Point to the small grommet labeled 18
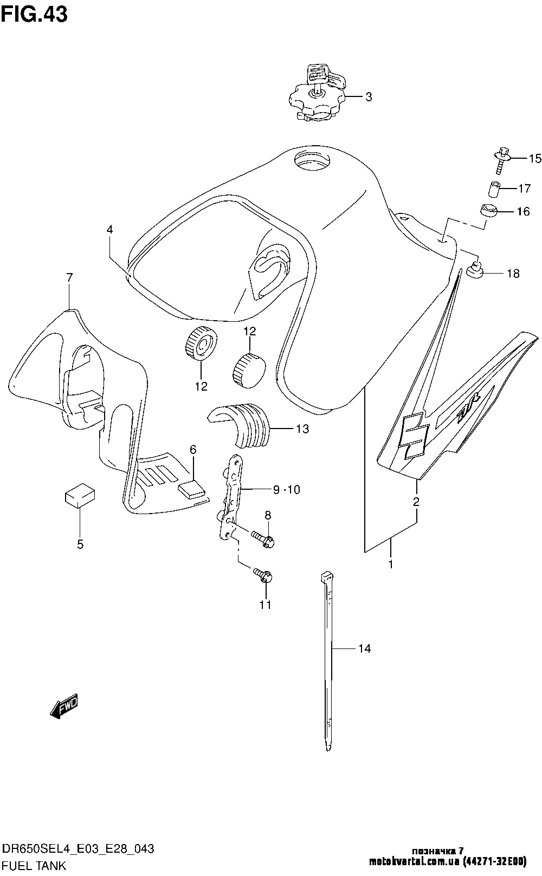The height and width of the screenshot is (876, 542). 475,269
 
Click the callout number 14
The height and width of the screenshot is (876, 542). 365,648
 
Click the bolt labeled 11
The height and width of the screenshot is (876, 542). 263,576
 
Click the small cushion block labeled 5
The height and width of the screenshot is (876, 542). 80,495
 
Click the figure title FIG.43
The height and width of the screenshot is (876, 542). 34,14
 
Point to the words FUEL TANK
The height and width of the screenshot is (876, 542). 34,866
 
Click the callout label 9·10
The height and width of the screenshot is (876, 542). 286,490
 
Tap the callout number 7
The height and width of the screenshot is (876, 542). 69,278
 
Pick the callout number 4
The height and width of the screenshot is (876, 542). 109,230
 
